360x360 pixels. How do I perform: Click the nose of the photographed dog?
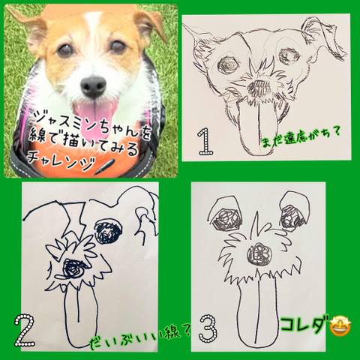(94, 86)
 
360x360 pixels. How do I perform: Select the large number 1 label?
(205, 141)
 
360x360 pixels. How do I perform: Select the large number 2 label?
(24, 331)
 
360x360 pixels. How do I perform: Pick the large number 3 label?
(208, 328)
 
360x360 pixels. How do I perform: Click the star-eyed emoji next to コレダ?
(340, 325)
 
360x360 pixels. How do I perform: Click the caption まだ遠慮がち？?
(301, 138)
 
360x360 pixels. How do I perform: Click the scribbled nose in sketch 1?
(258, 88)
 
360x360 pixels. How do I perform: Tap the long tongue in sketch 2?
(80, 316)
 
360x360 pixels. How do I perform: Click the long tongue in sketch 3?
(257, 313)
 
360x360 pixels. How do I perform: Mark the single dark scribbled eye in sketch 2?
(108, 231)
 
